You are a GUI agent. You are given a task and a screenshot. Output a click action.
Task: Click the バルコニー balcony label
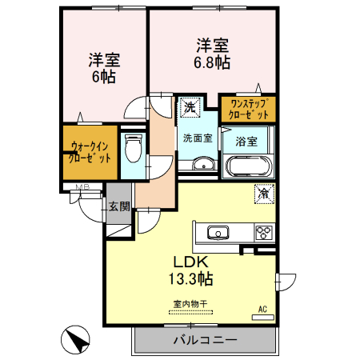coord(205,340)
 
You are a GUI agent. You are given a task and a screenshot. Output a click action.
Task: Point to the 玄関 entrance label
coord(119,206)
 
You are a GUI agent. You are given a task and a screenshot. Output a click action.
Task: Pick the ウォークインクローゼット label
coord(90,151)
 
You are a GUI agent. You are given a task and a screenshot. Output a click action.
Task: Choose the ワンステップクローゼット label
coord(249,108)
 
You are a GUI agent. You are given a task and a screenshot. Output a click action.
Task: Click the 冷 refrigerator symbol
coord(262,193)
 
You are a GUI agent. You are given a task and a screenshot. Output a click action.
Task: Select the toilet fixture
coord(133,150)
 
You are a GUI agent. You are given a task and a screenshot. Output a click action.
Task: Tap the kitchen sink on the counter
coord(218,233)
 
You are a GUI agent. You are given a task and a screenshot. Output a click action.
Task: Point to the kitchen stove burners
coord(263,233)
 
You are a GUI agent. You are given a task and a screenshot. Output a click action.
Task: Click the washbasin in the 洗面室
coord(202,166)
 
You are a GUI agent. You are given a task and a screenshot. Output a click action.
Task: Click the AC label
coord(262,309)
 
